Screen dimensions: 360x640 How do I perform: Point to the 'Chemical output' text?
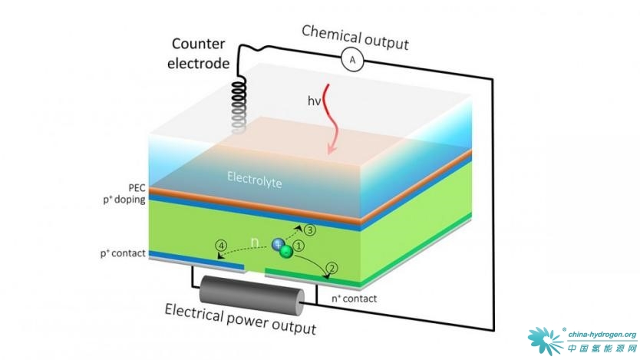[x=355, y=37]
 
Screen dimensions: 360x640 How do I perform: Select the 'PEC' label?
[x=136, y=187]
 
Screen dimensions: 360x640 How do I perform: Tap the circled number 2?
[x=332, y=269]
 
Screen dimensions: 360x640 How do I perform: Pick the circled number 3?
[x=310, y=230]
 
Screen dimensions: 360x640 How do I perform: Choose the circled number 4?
[x=221, y=247]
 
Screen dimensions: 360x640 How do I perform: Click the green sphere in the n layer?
[x=285, y=252]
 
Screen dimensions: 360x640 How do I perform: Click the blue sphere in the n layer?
[x=278, y=245]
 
